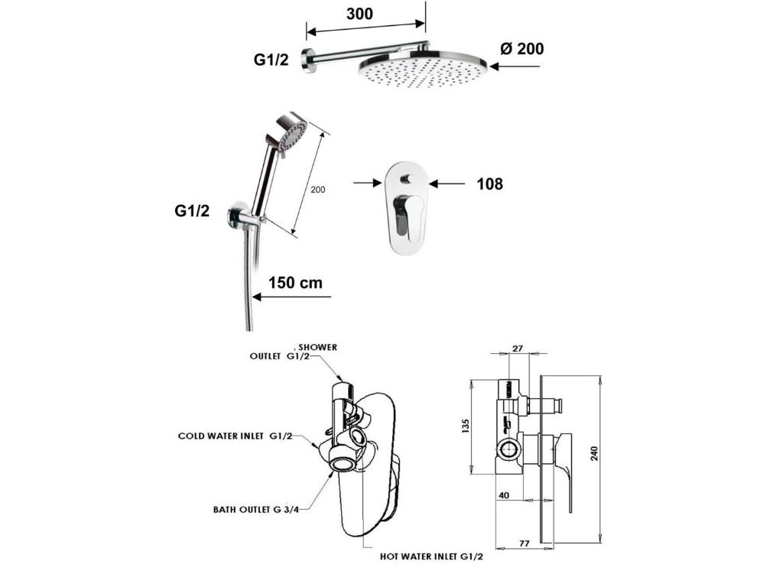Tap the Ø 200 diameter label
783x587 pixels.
(x=522, y=49)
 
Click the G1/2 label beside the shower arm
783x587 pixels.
(x=271, y=60)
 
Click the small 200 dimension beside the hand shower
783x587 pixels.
(x=319, y=189)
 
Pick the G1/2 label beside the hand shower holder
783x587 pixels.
(x=192, y=212)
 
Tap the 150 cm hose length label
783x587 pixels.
(x=295, y=283)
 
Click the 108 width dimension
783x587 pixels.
(x=489, y=183)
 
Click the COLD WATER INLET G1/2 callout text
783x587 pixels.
(x=236, y=436)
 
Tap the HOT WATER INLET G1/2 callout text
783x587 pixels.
(x=432, y=557)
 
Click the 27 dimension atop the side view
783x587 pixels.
(x=518, y=348)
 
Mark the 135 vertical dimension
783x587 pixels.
(x=466, y=424)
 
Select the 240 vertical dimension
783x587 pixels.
(x=594, y=454)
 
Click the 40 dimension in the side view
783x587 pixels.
(x=504, y=495)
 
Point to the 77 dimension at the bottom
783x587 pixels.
(x=525, y=544)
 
